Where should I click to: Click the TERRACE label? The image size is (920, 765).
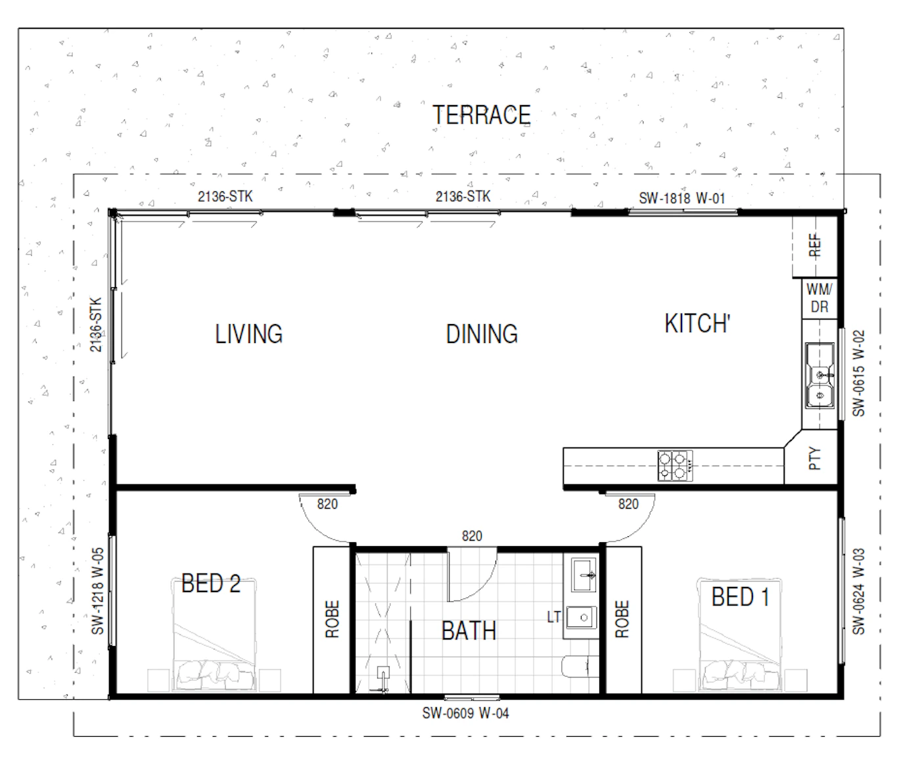pos(481,115)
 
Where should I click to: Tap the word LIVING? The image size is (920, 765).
pos(248,334)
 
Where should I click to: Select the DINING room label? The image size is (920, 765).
pos(482,334)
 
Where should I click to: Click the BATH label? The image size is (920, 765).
pos(469,630)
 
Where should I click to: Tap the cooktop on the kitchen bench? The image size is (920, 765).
pos(675,465)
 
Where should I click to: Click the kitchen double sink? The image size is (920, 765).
pos(820,376)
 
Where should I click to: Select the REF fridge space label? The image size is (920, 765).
pos(815,245)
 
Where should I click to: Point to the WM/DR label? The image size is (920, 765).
pos(819,298)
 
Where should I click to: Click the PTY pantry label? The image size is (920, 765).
pos(815,459)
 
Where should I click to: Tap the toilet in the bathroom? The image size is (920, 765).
pos(580,666)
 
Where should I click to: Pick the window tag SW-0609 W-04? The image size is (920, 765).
pos(465,713)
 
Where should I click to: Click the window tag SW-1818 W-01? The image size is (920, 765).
pos(681,198)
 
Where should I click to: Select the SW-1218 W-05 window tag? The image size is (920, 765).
pos(97,591)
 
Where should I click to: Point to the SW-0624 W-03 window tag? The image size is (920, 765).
pos(858,591)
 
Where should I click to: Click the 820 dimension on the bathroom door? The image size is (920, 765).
pos(472,536)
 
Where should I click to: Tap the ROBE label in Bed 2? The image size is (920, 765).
pos(332,619)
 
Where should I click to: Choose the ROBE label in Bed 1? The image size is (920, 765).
pos(622,619)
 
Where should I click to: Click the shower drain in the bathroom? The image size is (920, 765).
pos(383,673)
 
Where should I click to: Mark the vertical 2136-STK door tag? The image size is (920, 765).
pos(95,325)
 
